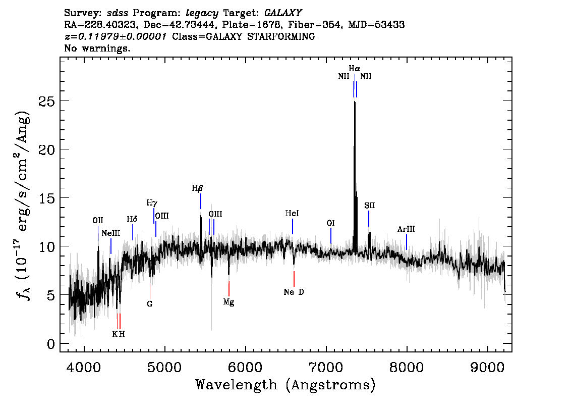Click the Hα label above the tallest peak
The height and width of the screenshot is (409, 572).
click(355, 68)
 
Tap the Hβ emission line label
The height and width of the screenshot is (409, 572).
click(197, 188)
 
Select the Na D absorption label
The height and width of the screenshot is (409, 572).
click(294, 292)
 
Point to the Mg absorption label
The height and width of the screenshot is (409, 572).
click(228, 302)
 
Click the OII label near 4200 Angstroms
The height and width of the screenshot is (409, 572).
click(98, 220)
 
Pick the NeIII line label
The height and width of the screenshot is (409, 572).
click(111, 233)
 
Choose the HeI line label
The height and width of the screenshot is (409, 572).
click(292, 214)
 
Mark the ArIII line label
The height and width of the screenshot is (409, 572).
click(406, 229)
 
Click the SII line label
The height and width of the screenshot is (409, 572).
click(370, 206)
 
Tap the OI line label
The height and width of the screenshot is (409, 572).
click(331, 223)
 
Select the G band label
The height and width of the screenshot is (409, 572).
click(149, 304)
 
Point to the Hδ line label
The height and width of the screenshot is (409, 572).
click(132, 219)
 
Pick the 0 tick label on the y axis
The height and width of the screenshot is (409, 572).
click(51, 344)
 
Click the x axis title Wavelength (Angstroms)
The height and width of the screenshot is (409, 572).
click(285, 385)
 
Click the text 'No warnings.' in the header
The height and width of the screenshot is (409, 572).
click(97, 48)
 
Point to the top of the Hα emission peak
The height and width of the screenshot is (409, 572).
click(355, 101)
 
